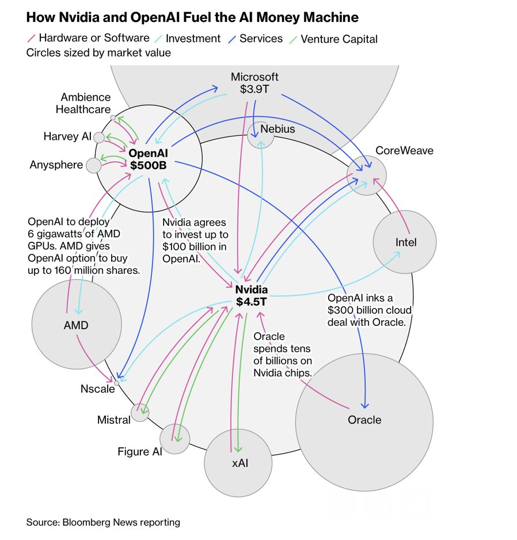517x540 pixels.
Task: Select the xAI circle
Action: click(x=238, y=462)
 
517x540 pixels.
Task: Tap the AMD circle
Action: click(x=76, y=325)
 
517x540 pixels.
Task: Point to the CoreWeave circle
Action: click(x=367, y=175)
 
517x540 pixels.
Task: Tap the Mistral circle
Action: click(x=140, y=412)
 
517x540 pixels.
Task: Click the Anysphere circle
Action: click(x=93, y=166)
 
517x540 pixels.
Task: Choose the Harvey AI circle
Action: click(x=99, y=137)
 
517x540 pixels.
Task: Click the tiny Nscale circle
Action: click(x=117, y=383)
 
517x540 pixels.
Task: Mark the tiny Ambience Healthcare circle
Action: click(x=113, y=117)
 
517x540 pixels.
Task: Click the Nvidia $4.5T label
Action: click(x=251, y=295)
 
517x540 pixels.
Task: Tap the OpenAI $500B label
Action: click(x=148, y=159)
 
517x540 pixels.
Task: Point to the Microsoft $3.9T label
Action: click(x=254, y=83)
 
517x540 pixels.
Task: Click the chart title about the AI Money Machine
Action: click(x=192, y=17)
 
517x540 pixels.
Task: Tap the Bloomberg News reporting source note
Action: click(x=103, y=522)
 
